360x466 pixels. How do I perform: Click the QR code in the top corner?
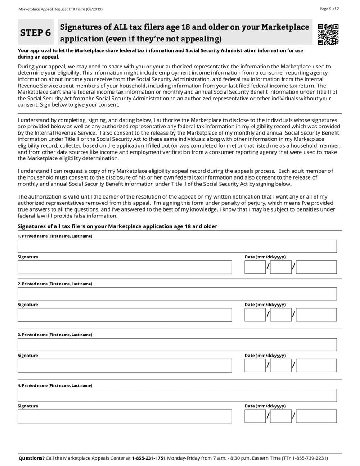(x=328, y=35)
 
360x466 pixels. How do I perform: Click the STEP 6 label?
(x=35, y=33)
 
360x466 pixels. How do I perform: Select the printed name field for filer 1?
(x=177, y=246)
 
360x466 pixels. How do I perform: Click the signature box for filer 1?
(x=125, y=267)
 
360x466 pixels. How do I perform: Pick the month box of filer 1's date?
(x=255, y=267)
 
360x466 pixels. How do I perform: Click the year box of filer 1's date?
(x=316, y=267)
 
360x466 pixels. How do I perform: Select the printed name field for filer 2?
(x=177, y=294)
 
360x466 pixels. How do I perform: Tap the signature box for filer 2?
(x=125, y=315)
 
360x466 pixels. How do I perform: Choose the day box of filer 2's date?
(x=281, y=315)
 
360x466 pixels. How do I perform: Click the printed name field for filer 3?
(x=177, y=345)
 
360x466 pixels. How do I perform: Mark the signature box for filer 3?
(x=125, y=366)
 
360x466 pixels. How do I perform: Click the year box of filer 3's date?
(x=316, y=366)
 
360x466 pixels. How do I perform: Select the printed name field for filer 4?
(x=177, y=396)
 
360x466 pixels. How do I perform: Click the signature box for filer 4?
(x=125, y=416)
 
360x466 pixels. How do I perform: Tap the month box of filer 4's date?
(x=255, y=416)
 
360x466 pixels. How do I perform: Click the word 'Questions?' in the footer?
(x=31, y=458)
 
